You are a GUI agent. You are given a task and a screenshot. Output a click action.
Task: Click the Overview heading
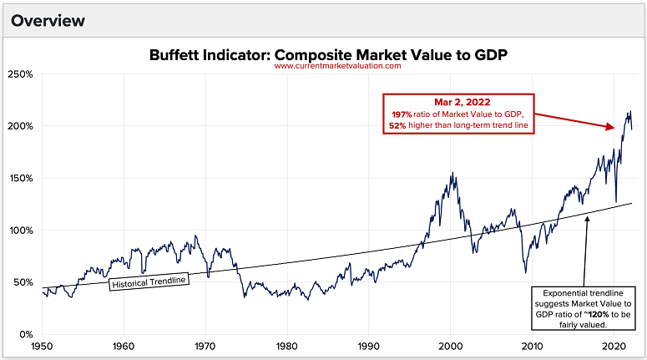(47, 18)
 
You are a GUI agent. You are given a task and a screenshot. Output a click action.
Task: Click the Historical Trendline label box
(149, 281)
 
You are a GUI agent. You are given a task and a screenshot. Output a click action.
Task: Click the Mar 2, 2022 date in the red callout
(458, 101)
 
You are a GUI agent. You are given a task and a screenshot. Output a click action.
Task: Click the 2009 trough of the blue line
(525, 271)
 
